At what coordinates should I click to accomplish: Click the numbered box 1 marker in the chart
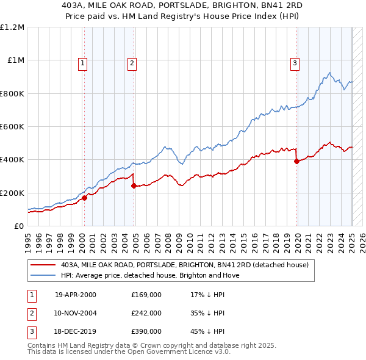pyautogui.click(x=82, y=62)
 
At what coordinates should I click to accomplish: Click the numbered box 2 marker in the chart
pyautogui.click(x=132, y=62)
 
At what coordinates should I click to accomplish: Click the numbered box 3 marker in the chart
pyautogui.click(x=295, y=62)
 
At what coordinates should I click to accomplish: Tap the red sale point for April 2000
pyautogui.click(x=85, y=198)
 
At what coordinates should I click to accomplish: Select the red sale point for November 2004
pyautogui.click(x=134, y=185)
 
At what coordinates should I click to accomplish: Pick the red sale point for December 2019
pyautogui.click(x=296, y=161)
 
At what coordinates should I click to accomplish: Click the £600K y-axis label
pyautogui.click(x=12, y=127)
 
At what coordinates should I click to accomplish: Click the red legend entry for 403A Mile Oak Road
pyautogui.click(x=185, y=265)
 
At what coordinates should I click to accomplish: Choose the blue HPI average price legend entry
pyautogui.click(x=150, y=275)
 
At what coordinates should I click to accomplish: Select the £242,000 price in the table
pyautogui.click(x=146, y=313)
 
